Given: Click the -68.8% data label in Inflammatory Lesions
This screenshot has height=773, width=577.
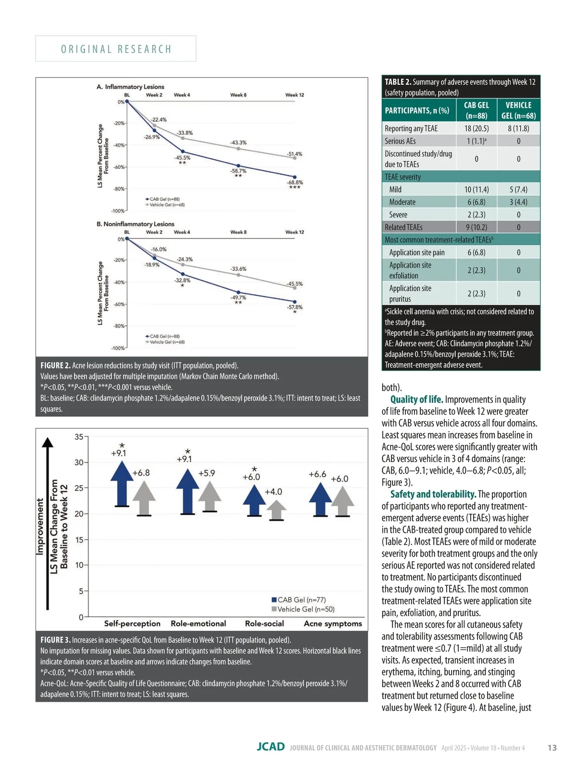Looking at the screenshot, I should (x=295, y=182).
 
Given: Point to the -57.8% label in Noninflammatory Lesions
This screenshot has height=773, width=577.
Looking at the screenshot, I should (x=295, y=307).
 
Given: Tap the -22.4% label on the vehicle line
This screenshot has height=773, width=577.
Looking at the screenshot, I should (x=159, y=119).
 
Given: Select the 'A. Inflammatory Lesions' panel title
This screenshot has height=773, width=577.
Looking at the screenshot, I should (x=130, y=87).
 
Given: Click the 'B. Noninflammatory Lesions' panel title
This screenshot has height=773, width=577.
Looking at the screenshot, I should (x=135, y=224).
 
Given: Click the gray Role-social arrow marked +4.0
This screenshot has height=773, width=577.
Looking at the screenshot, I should (x=276, y=510).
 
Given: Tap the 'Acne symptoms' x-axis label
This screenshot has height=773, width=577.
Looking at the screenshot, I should (x=333, y=623).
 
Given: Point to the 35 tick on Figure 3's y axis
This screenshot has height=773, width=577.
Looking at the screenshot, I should (x=79, y=437).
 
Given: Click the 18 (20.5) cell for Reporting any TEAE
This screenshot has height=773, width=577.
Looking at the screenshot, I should (x=476, y=128).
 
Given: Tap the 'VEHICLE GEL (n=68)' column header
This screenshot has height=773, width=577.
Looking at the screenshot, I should (x=518, y=110).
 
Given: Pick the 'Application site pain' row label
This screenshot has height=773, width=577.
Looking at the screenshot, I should (x=416, y=252).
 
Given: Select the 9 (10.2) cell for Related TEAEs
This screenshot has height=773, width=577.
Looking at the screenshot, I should (x=476, y=227).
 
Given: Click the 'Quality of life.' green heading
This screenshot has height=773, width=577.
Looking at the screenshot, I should (x=416, y=399).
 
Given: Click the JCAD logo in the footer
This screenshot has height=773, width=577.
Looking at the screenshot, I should (x=270, y=747).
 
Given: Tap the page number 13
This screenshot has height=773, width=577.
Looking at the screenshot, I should (x=552, y=747).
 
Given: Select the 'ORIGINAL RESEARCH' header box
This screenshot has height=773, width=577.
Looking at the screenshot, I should (x=116, y=49).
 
